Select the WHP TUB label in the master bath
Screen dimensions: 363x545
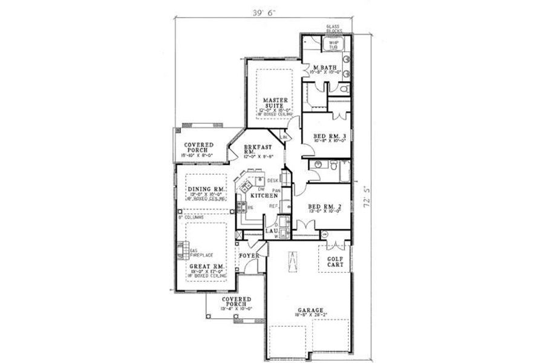point(333,44)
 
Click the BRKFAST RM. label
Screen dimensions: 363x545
point(257,149)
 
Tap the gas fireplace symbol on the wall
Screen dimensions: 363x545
point(180,249)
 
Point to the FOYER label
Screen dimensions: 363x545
point(249,256)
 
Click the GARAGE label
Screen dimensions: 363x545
point(309,310)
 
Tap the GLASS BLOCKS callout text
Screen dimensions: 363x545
point(334,29)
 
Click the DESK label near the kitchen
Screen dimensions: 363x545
point(272,180)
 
